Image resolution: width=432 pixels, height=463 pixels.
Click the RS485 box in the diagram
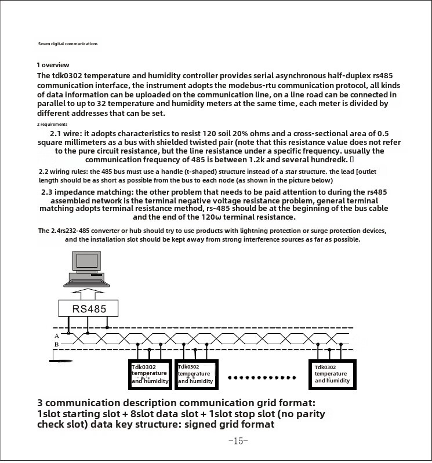point(89,308)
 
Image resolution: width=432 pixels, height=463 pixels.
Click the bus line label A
point(57,336)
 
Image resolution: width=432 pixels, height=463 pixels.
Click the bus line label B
point(57,345)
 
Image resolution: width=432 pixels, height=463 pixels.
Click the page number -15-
point(238,441)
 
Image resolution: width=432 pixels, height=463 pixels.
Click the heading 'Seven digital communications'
point(68,44)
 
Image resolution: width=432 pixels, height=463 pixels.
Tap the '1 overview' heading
point(53,65)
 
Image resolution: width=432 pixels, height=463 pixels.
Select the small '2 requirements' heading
point(52,124)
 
